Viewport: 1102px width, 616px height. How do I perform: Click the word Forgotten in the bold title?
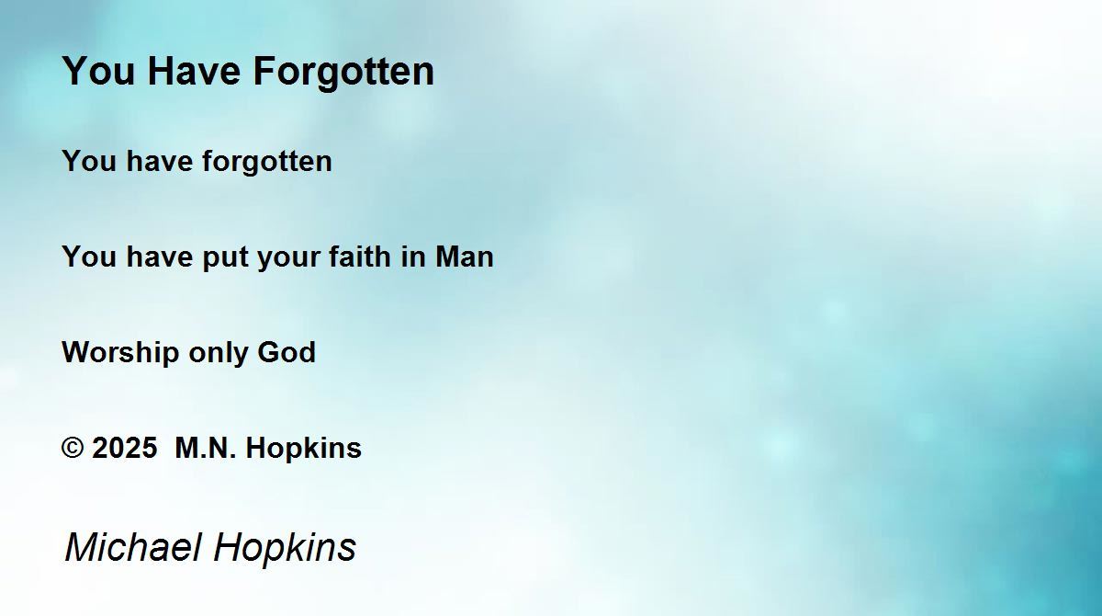click(x=343, y=73)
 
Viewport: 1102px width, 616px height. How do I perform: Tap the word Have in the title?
click(x=194, y=71)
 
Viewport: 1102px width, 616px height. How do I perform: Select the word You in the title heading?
click(x=98, y=71)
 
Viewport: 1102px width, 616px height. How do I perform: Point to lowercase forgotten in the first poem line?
click(x=267, y=162)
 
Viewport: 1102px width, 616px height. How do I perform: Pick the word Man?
click(x=464, y=257)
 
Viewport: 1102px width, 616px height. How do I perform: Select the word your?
click(x=288, y=259)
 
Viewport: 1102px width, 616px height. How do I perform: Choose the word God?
click(x=287, y=352)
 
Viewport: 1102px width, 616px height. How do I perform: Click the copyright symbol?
click(x=73, y=448)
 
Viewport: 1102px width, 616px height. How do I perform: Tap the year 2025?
click(x=125, y=448)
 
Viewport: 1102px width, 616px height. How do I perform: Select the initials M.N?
click(x=206, y=448)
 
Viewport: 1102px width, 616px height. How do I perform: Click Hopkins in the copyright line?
click(x=304, y=449)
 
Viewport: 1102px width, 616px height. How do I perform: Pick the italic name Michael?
click(x=133, y=546)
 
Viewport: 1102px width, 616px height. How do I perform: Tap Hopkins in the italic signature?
click(x=285, y=549)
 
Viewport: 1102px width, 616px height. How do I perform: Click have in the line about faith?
click(x=160, y=257)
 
